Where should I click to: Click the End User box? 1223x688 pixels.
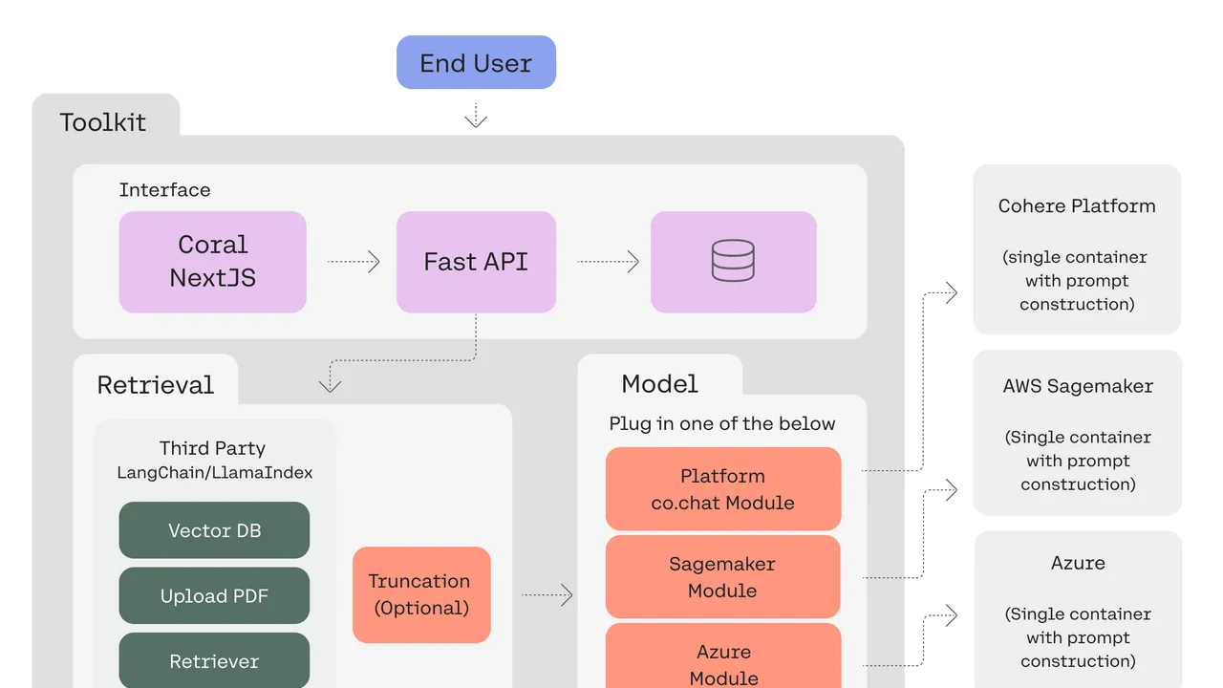[x=476, y=62]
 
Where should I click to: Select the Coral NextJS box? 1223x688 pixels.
[x=212, y=262]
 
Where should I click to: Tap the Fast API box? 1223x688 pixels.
[x=476, y=262]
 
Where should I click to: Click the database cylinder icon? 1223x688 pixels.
[x=733, y=261]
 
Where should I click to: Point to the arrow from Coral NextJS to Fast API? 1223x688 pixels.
[x=354, y=262]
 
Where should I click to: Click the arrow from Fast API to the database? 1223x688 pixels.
[x=609, y=262]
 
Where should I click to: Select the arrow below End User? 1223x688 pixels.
[x=476, y=116]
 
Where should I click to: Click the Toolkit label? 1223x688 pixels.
[x=102, y=122]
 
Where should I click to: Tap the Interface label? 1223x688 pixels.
[x=165, y=190]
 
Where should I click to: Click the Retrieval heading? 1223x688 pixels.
[x=156, y=385]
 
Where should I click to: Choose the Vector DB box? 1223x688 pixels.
[x=214, y=530]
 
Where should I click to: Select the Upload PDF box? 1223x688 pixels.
[x=214, y=595]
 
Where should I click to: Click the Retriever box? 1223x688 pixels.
[x=214, y=660]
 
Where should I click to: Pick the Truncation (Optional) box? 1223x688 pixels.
[x=421, y=594]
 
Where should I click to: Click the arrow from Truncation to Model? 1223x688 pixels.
[x=547, y=594]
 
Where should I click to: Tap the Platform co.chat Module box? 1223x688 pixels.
[x=723, y=488]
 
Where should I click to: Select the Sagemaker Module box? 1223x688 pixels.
[x=723, y=576]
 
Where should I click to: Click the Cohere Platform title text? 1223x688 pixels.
[x=1077, y=205]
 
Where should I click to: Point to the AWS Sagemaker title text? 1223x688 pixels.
[x=1078, y=386]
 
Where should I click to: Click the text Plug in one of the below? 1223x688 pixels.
[x=721, y=423]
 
